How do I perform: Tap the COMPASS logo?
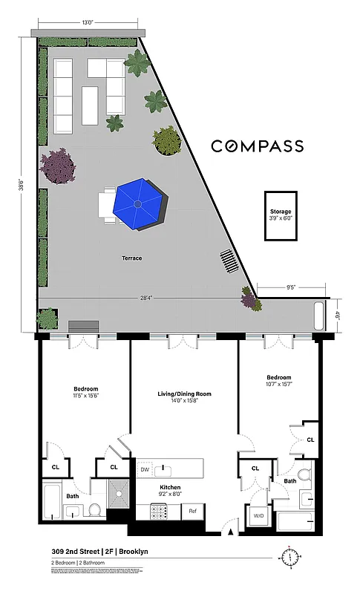tap(257, 146)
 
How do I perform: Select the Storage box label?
tap(281, 215)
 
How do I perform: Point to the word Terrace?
tap(133, 258)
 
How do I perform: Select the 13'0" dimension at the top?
tap(88, 22)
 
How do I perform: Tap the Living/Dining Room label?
tap(184, 394)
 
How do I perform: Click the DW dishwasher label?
tap(145, 470)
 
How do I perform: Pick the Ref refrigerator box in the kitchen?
tap(192, 511)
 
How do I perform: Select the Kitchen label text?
tap(171, 488)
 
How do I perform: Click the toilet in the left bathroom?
tap(95, 509)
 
